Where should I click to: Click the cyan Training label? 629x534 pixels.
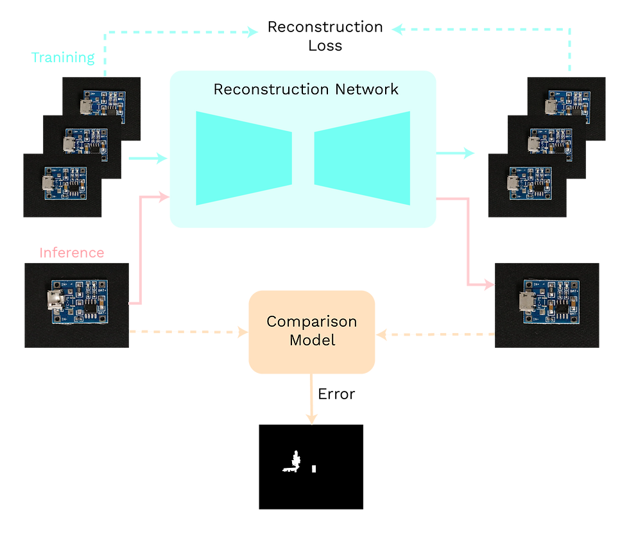point(63,58)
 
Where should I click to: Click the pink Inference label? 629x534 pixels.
point(72,253)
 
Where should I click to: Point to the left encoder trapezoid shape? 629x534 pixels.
point(243,158)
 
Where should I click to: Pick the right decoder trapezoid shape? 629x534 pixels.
point(363,158)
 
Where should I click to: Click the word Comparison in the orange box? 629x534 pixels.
point(312,321)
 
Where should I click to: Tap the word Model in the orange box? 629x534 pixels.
point(312,340)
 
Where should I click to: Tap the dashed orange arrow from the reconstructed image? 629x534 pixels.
point(436,334)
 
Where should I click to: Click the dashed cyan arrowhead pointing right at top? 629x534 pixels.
point(254,32)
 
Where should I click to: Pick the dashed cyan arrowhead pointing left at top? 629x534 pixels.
point(397,28)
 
